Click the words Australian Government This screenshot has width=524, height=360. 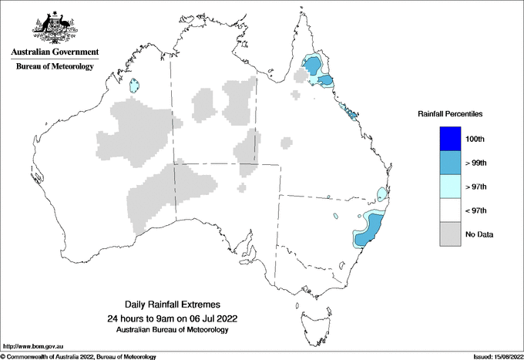[54, 52]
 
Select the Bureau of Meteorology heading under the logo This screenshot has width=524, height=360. [54, 67]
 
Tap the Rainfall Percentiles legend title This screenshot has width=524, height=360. [450, 114]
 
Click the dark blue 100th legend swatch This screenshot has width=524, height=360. [449, 139]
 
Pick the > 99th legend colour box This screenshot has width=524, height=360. [449, 163]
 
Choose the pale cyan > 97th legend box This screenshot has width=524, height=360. [449, 187]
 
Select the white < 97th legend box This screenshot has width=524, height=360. [449, 210]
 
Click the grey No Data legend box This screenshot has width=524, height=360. [449, 234]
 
